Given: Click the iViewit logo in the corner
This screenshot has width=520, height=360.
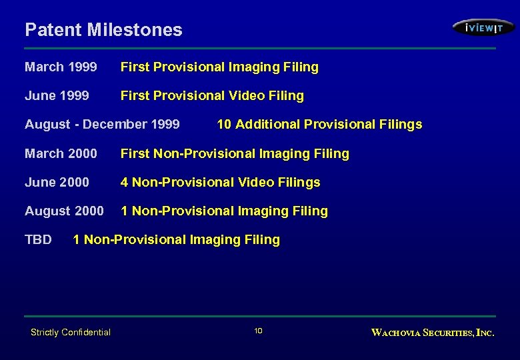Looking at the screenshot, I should click(x=483, y=28).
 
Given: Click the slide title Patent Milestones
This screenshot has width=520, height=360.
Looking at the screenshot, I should click(x=103, y=30).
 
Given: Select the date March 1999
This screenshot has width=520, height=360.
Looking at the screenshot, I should click(x=61, y=67).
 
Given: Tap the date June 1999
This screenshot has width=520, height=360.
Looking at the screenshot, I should click(x=57, y=96).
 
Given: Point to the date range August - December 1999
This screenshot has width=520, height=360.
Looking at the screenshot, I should click(x=102, y=125).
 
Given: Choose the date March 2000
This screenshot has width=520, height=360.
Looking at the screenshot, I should click(x=61, y=154).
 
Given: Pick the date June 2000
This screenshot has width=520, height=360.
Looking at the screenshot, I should click(x=57, y=183).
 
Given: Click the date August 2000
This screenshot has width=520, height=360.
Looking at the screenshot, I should click(x=64, y=211).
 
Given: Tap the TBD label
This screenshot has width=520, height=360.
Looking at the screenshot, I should click(x=38, y=240).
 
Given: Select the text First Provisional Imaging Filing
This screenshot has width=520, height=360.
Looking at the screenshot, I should click(x=219, y=67).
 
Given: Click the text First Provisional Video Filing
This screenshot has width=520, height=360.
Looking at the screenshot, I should click(x=212, y=96).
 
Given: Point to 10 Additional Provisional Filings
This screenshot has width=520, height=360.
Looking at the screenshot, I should click(x=319, y=125).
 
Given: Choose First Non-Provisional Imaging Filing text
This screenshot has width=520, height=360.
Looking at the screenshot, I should click(x=235, y=154).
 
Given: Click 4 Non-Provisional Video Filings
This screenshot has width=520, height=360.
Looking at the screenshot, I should click(x=220, y=183).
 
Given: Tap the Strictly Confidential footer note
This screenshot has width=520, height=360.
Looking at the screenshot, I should click(x=71, y=332).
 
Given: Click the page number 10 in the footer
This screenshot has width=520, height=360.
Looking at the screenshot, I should click(x=259, y=331).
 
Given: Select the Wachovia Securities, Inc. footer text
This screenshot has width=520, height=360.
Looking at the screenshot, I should click(x=433, y=333).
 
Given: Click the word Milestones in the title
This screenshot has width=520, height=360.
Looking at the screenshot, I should click(x=143, y=30).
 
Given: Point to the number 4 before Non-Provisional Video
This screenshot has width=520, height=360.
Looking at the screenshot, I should click(x=125, y=183).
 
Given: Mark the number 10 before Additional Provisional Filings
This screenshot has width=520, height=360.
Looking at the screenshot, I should click(x=224, y=125).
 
